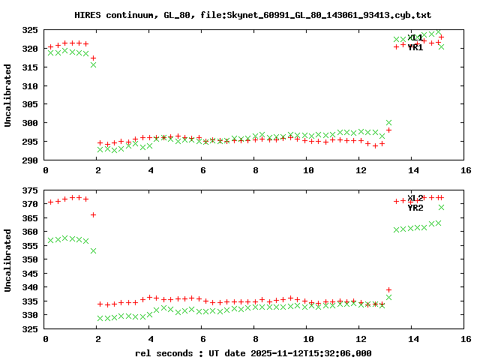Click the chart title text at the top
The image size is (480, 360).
click(x=253, y=15)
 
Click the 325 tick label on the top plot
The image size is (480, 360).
click(x=29, y=30)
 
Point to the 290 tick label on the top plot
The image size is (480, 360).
click(x=29, y=160)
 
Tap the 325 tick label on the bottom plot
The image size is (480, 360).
click(x=29, y=328)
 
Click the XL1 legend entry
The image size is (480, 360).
click(x=415, y=37)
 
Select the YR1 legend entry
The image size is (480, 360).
click(x=415, y=47)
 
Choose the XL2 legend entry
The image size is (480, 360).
click(x=415, y=198)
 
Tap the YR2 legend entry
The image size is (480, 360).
click(x=415, y=208)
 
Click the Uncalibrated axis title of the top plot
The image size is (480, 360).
click(x=8, y=95)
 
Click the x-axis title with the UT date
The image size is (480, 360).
click(x=253, y=352)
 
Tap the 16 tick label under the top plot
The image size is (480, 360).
click(x=466, y=170)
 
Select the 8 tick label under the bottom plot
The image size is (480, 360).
click(x=256, y=339)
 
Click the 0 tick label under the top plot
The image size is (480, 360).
click(x=46, y=170)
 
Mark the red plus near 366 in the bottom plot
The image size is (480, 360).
click(x=93, y=214)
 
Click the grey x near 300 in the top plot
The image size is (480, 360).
click(x=388, y=122)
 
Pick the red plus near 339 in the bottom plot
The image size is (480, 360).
click(x=388, y=289)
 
